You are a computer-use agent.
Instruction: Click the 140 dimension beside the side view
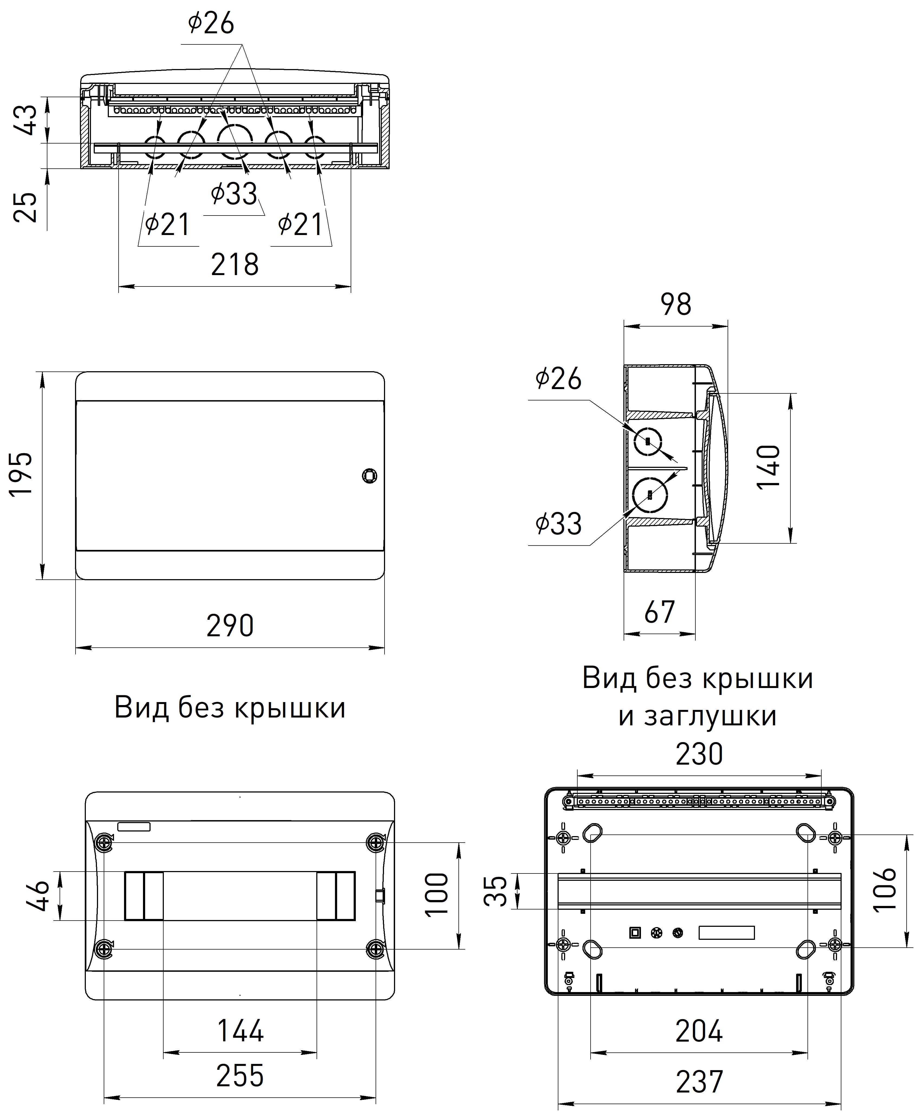[x=769, y=467]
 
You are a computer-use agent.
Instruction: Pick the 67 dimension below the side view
[x=659, y=612]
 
